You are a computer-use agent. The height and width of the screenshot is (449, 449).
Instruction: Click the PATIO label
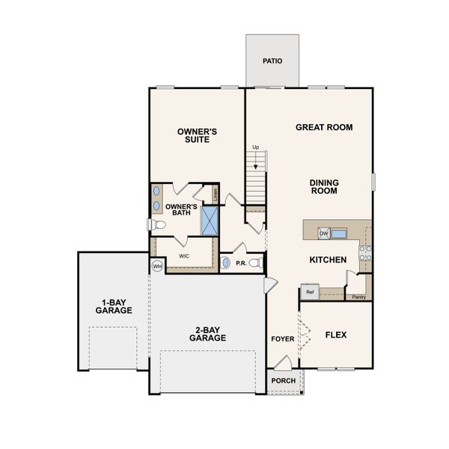272,61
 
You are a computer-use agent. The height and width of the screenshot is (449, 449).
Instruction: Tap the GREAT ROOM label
324,127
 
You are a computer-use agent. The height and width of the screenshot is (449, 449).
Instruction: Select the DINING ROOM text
324,186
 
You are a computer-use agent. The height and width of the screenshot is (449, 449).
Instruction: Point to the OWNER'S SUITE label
198,135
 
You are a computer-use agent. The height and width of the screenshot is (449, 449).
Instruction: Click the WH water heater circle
158,266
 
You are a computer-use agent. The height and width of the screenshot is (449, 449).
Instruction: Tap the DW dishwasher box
324,233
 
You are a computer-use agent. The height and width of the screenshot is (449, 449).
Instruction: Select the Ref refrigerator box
310,292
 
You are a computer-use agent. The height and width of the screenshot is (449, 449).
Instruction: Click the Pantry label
359,296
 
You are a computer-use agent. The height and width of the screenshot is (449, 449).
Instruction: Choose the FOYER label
283,339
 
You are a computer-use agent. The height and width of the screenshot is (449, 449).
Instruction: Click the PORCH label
284,381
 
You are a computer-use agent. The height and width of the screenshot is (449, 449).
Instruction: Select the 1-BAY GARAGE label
113,306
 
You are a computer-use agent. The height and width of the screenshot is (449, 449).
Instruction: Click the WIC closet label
184,255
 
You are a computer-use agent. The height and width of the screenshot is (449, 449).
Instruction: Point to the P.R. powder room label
241,263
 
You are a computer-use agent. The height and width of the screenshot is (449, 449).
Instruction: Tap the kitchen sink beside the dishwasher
339,233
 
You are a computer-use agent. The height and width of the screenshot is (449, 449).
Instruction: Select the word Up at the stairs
256,147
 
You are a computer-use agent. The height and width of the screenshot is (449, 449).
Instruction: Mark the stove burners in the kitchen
365,253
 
